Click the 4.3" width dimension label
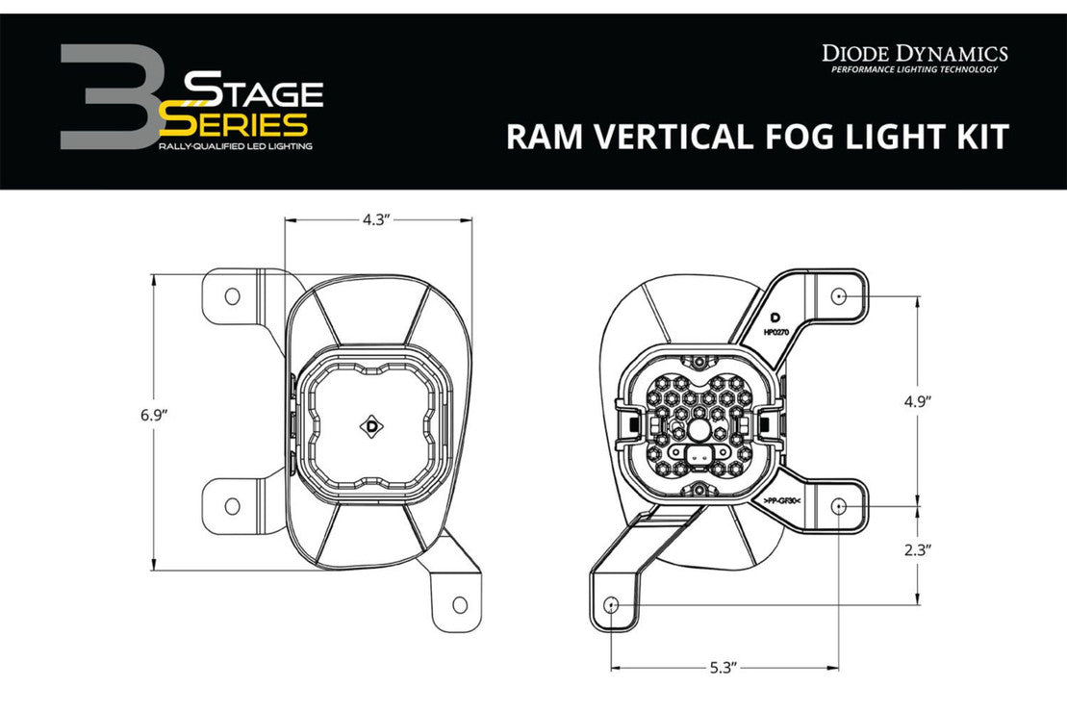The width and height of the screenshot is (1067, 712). click(375, 219)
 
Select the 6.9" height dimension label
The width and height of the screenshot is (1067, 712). click(153, 416)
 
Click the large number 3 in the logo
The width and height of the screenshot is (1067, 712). click(107, 97)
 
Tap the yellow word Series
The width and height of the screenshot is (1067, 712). click(235, 123)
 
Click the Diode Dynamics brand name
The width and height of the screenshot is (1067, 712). click(914, 53)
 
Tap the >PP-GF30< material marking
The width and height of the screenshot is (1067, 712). click(783, 501)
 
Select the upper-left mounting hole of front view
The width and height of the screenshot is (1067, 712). click(232, 296)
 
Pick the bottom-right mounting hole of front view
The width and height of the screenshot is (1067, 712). click(459, 604)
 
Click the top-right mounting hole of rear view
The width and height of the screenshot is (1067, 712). click(839, 296)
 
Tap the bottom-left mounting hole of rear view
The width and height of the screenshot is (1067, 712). click(612, 604)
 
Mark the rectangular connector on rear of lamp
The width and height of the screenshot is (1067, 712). click(702, 453)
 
